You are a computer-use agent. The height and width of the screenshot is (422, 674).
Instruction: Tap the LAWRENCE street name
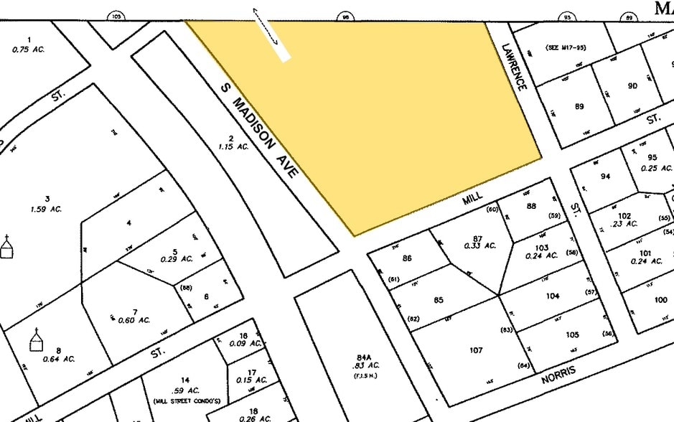click(x=515, y=66)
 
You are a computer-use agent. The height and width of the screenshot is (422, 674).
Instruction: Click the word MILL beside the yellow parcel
click(x=472, y=197)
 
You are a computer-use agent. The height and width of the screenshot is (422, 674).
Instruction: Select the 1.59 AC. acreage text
click(x=48, y=209)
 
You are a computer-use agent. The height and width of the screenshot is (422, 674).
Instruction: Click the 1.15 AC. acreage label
click(x=233, y=146)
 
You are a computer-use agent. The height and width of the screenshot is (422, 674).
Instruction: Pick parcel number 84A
click(x=364, y=357)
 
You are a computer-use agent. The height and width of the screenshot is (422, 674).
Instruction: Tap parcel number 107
click(x=476, y=351)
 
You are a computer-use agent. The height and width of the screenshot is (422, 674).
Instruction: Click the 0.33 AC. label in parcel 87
click(x=480, y=245)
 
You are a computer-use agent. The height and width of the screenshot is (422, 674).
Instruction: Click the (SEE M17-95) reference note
click(x=566, y=47)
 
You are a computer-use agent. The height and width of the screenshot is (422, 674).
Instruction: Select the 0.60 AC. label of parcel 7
click(x=134, y=320)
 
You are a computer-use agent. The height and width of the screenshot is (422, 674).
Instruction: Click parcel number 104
click(x=552, y=296)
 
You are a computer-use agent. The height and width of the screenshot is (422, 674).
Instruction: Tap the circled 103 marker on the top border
click(x=116, y=16)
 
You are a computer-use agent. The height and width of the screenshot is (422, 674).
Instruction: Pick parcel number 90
click(x=632, y=86)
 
